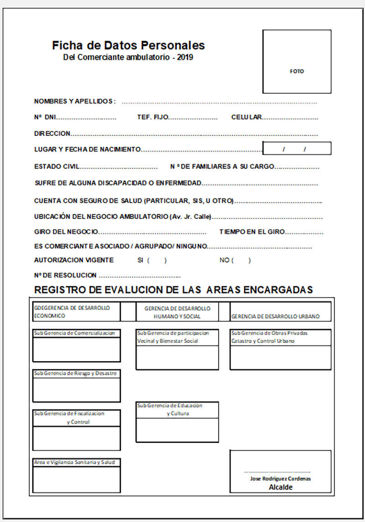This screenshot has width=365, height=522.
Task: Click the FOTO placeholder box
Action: coord(297,62)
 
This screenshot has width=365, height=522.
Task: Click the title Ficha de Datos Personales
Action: coord(128,45)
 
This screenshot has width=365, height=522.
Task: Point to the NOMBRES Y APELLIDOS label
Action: coord(75,101)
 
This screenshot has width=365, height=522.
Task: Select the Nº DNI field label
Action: coord(45,117)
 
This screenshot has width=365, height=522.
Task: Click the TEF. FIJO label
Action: coord(153,117)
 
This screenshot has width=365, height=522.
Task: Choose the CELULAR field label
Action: coord(246,117)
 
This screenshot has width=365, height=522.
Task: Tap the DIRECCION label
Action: coord(52,133)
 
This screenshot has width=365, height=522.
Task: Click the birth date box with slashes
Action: coord(297,149)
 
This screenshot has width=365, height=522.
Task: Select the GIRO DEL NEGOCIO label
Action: coord(66,232)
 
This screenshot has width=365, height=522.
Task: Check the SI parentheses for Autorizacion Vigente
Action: coord(156,261)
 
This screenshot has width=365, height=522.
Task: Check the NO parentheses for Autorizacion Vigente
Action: coord(241,261)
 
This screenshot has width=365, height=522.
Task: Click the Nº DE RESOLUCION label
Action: coord(65,275)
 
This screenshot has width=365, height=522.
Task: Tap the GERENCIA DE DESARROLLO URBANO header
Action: coord(276,316)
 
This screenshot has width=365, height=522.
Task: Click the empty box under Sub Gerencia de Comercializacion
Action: coord(77,350)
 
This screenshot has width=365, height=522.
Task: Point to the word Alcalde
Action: coord(281,487)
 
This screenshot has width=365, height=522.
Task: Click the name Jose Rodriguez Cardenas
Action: coord(281,479)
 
